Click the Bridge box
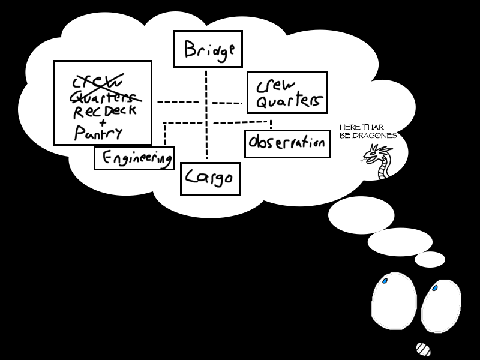[x=208, y=49]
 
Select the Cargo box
[x=210, y=179]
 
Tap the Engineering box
[x=134, y=158]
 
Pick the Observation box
[x=288, y=144]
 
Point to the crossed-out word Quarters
[x=106, y=97]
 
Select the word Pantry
[x=98, y=133]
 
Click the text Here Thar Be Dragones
[x=368, y=131]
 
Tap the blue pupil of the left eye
[x=385, y=281]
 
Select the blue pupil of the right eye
[x=434, y=289]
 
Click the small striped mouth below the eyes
[x=423, y=349]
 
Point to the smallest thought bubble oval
[x=430, y=260]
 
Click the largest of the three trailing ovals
[x=361, y=215]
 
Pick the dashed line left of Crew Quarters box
[x=227, y=103]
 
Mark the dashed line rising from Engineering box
[x=164, y=133]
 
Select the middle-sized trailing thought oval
[x=400, y=241]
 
